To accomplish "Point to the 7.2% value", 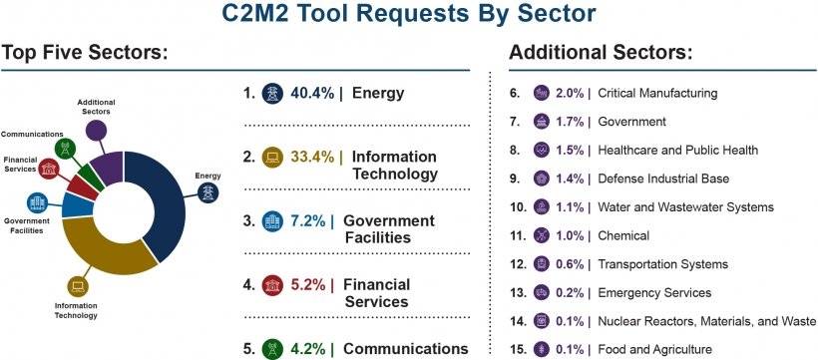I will (310, 220).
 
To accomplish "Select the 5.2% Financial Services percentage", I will (309, 284).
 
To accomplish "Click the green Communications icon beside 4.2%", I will (271, 349).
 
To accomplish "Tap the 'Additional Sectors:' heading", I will (601, 52).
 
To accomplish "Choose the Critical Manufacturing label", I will (657, 93).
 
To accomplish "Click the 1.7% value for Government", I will (570, 122).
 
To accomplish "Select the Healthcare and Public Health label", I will (678, 150).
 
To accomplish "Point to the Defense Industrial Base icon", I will (542, 179).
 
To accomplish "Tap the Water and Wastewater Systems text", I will (685, 207).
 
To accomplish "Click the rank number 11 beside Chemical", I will (516, 235).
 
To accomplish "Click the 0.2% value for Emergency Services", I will (570, 293).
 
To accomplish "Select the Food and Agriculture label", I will (654, 350).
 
